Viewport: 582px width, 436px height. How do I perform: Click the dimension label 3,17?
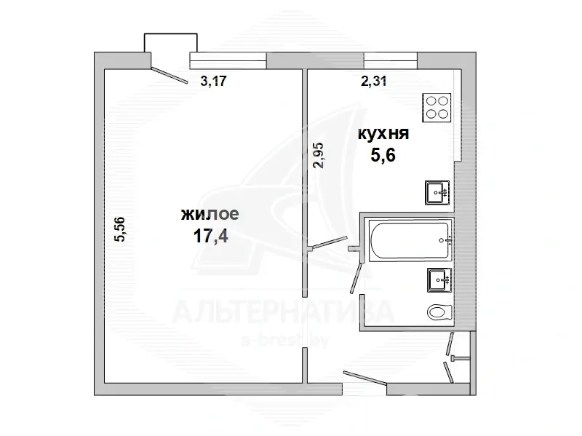tap(213, 81)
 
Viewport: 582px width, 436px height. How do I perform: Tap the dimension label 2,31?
tap(374, 81)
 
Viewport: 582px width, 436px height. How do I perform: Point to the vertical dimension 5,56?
tap(121, 229)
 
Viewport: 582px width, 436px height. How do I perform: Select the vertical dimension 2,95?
tap(319, 156)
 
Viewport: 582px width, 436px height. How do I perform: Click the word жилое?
tap(210, 214)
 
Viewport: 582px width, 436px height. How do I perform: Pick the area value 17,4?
tap(210, 235)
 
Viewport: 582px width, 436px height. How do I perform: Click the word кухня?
tap(383, 134)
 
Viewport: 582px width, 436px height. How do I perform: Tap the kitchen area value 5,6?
tap(383, 155)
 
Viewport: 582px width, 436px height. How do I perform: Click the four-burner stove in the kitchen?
tap(436, 108)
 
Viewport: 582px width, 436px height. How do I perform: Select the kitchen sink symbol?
tap(437, 193)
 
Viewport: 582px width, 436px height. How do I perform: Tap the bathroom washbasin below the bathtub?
tap(439, 280)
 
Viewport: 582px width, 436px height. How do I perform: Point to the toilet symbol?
tap(439, 312)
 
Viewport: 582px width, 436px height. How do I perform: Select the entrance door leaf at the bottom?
tap(365, 378)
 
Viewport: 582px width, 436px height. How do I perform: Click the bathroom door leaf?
tap(356, 278)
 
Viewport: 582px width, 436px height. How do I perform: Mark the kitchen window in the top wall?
tap(391, 60)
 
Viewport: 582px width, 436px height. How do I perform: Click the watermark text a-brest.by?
tap(284, 341)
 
